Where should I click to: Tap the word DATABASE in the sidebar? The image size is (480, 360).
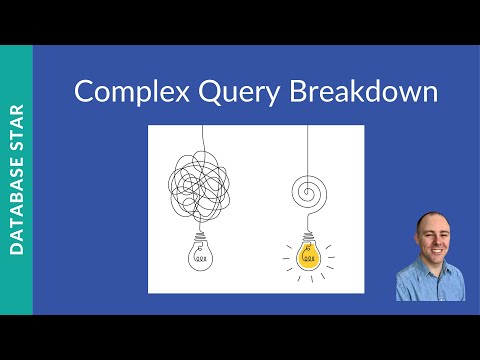[x=17, y=211]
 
